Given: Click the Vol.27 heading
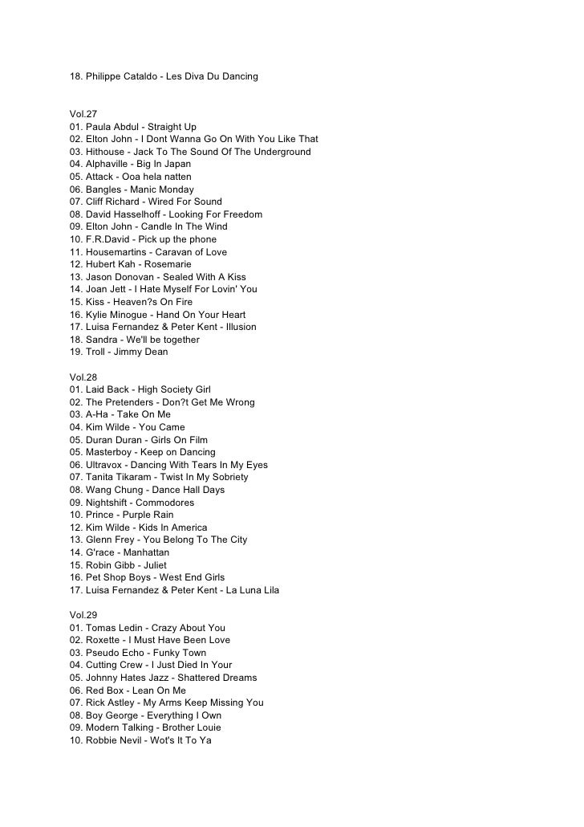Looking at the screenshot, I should [x=83, y=115].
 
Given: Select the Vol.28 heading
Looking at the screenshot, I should [x=83, y=377].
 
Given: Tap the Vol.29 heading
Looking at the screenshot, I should [x=83, y=615].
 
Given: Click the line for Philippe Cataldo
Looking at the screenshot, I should [x=164, y=76].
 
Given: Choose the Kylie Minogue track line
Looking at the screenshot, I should [x=157, y=315].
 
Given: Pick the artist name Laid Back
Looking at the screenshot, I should [x=107, y=389].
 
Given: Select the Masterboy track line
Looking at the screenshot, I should [x=143, y=452].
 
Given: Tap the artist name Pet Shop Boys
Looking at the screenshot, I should [x=120, y=577].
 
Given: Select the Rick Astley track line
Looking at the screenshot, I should [x=166, y=703].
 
